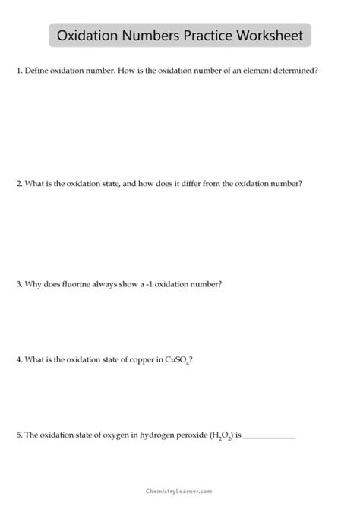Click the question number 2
tap(18, 184)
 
